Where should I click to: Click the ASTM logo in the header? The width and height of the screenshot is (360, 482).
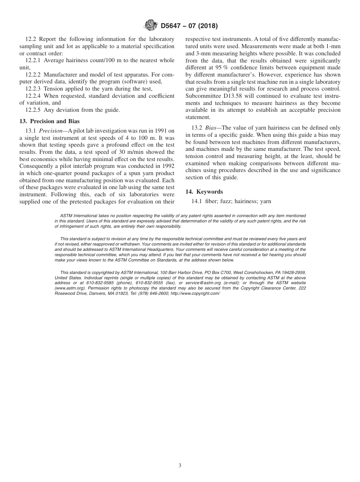coord(151,26)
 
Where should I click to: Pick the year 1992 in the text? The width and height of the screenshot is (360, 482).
coord(167,160)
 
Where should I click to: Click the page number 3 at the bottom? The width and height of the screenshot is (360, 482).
coord(180,466)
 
